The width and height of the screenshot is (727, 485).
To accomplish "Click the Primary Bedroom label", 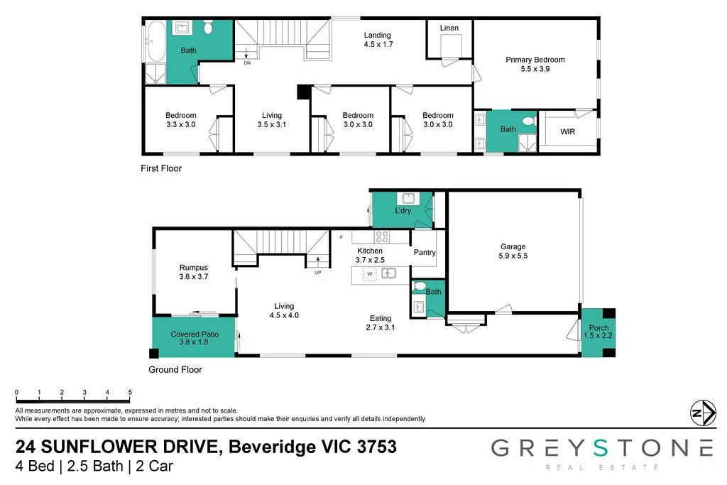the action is pos(535,60).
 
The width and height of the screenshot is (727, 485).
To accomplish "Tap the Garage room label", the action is pos(513,246).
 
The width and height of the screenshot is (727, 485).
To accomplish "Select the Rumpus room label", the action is pos(193,268).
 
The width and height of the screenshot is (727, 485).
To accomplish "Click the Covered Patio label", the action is pos(195,334).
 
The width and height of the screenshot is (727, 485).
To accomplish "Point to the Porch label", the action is pos(598,328).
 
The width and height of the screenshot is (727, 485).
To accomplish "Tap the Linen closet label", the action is pos(449,28).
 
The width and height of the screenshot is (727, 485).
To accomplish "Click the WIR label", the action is pos(567,131).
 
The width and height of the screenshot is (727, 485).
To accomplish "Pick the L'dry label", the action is pos(403,210).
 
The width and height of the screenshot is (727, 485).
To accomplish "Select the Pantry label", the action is pos(425,252).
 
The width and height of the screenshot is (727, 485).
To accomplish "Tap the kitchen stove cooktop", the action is pos(382,237).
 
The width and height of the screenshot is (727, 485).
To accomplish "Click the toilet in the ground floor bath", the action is pos(420,286).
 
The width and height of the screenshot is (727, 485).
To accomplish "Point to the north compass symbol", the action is pos(703,412).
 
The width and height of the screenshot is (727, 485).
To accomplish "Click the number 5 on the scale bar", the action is pos(130,392).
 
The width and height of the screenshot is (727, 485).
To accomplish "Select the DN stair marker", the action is pos(247,62).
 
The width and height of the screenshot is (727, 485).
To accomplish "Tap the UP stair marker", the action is pos(318,272).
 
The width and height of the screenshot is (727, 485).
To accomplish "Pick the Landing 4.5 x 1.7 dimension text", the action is pos(378,45).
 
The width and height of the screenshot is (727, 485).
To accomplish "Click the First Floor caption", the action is pos(161,168).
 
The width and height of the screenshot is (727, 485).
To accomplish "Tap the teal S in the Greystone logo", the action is pos(601,448).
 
